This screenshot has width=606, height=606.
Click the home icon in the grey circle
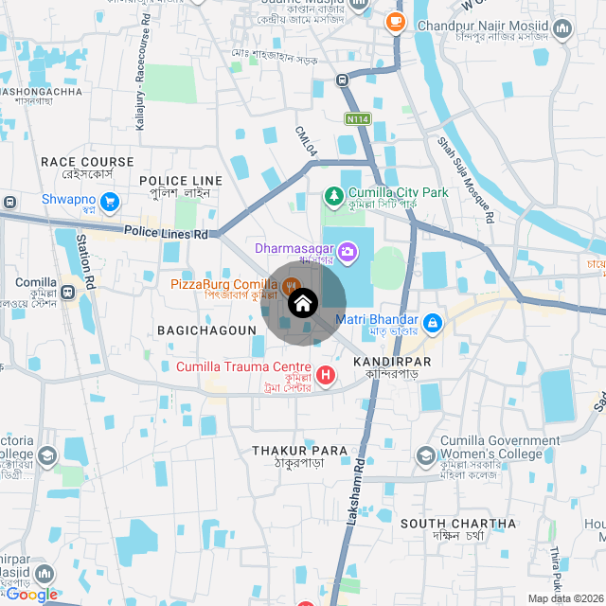tap(302, 304)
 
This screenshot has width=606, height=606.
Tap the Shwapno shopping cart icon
tap(111, 201)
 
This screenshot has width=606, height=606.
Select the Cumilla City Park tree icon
tap(333, 196)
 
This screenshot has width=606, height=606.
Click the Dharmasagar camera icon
tap(348, 251)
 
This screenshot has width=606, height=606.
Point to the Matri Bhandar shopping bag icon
tap(432, 324)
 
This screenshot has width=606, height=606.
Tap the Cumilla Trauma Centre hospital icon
tap(327, 375)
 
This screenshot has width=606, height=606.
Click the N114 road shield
tap(357, 118)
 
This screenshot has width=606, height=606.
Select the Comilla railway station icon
tap(69, 292)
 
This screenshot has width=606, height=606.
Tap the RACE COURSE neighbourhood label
tap(87, 162)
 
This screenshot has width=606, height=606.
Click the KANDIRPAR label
tap(392, 362)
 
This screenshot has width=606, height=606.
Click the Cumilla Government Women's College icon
tap(426, 457)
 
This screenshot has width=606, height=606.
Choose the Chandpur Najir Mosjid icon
tap(563, 30)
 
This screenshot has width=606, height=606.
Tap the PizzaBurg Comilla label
tap(224, 284)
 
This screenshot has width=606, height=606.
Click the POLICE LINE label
tap(181, 180)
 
